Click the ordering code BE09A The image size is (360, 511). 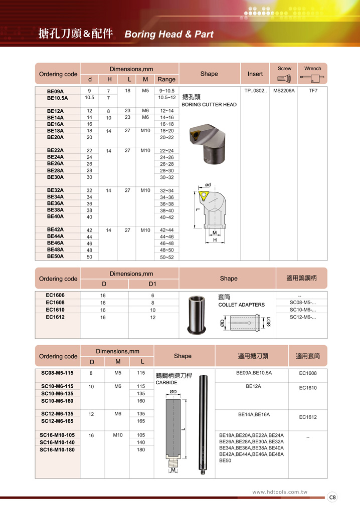coord(55,91)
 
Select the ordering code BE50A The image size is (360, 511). coord(55,256)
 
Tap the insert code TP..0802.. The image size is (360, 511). coord(255,91)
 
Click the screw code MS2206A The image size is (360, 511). coord(284,91)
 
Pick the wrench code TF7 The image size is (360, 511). coord(313,91)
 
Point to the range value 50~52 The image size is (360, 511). coord(166,257)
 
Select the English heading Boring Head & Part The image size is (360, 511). coord(168,35)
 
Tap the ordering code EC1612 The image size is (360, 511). coord(55,317)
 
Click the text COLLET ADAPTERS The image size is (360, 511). coord(241,305)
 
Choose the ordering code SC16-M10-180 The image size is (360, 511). coord(57,449)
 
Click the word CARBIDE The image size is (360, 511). coord(166,383)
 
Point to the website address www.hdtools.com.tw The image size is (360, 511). coord(280,492)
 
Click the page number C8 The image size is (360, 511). coord(332,497)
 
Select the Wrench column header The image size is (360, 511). coord(313,69)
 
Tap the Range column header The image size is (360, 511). coord(166,79)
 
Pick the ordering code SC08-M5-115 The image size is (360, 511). coord(57,373)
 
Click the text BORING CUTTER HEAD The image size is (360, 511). coord(209,105)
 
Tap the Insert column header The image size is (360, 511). coord(255,74)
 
